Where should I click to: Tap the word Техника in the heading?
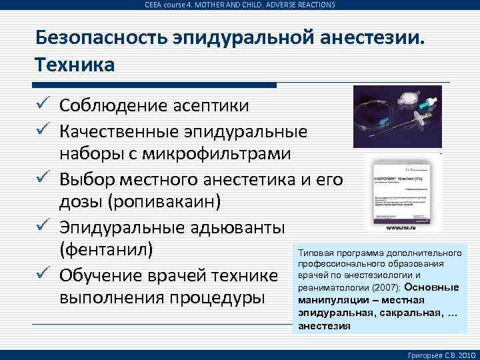(75, 65)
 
